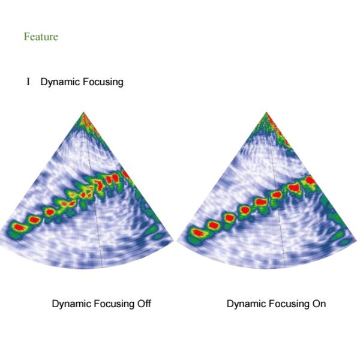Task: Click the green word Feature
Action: [x=41, y=37]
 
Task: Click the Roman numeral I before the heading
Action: [x=28, y=82]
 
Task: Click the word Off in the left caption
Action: [x=144, y=304]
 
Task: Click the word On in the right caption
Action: [x=319, y=304]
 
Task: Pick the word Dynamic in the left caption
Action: [x=71, y=304]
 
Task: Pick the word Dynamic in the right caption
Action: [x=245, y=304]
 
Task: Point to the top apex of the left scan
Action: [x=83, y=112]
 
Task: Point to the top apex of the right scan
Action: [x=266, y=112]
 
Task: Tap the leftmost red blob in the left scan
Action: [x=19, y=227]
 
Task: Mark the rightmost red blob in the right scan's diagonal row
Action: [x=311, y=180]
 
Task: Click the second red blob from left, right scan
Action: [x=213, y=225]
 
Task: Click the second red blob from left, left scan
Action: [x=34, y=220]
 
